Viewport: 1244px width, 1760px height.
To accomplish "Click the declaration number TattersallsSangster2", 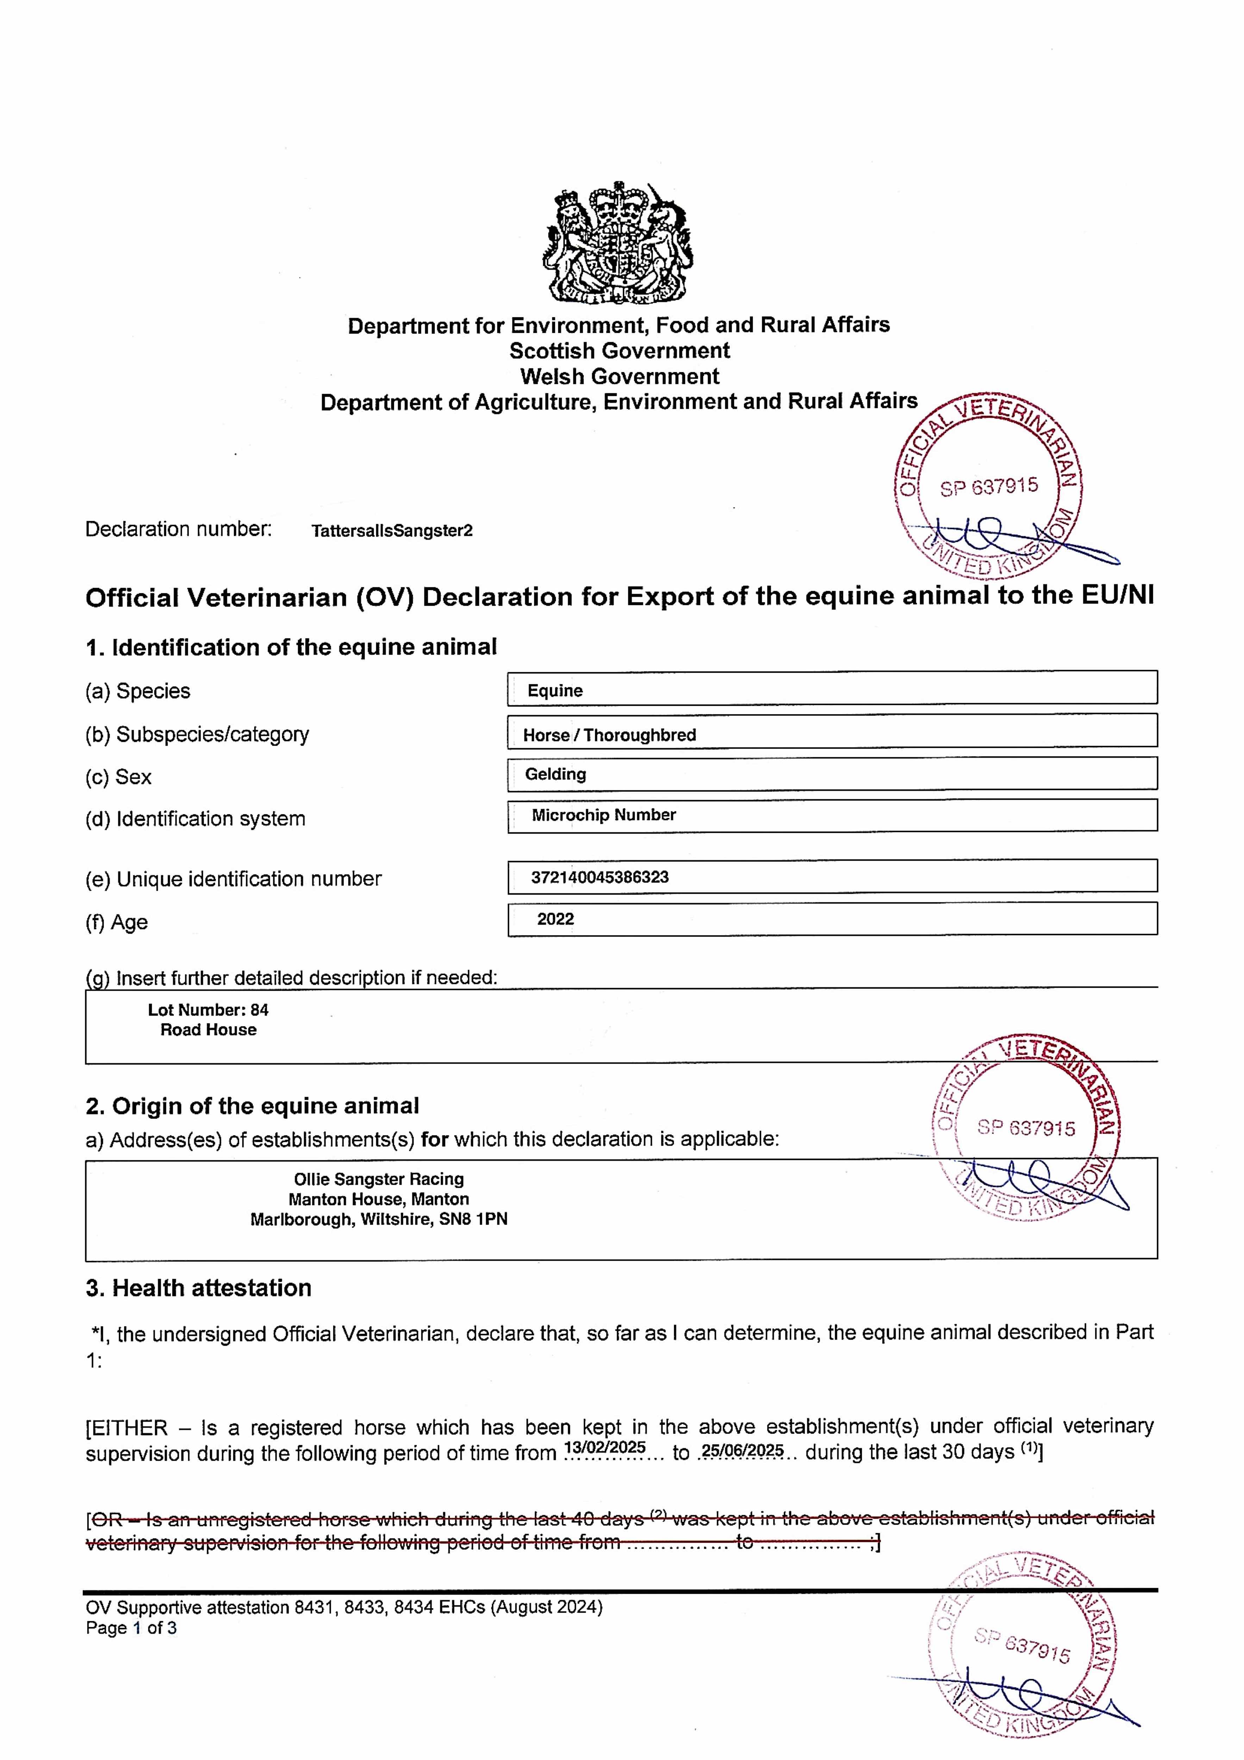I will [392, 530].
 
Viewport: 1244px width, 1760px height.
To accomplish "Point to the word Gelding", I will [555, 774].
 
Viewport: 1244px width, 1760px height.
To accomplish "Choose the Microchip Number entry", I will [604, 815].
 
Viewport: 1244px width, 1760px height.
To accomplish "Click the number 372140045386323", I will [600, 877].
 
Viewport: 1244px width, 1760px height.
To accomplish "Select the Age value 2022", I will [555, 919].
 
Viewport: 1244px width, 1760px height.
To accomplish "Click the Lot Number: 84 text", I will [208, 1010].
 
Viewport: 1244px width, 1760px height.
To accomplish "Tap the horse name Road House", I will [208, 1030].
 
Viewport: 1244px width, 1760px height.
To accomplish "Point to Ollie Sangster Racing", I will [379, 1179].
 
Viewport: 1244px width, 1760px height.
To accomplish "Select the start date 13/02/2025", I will [604, 1447].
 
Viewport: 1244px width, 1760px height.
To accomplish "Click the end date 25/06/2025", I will [742, 1450].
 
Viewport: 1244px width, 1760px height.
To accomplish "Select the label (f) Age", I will [117, 922].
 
